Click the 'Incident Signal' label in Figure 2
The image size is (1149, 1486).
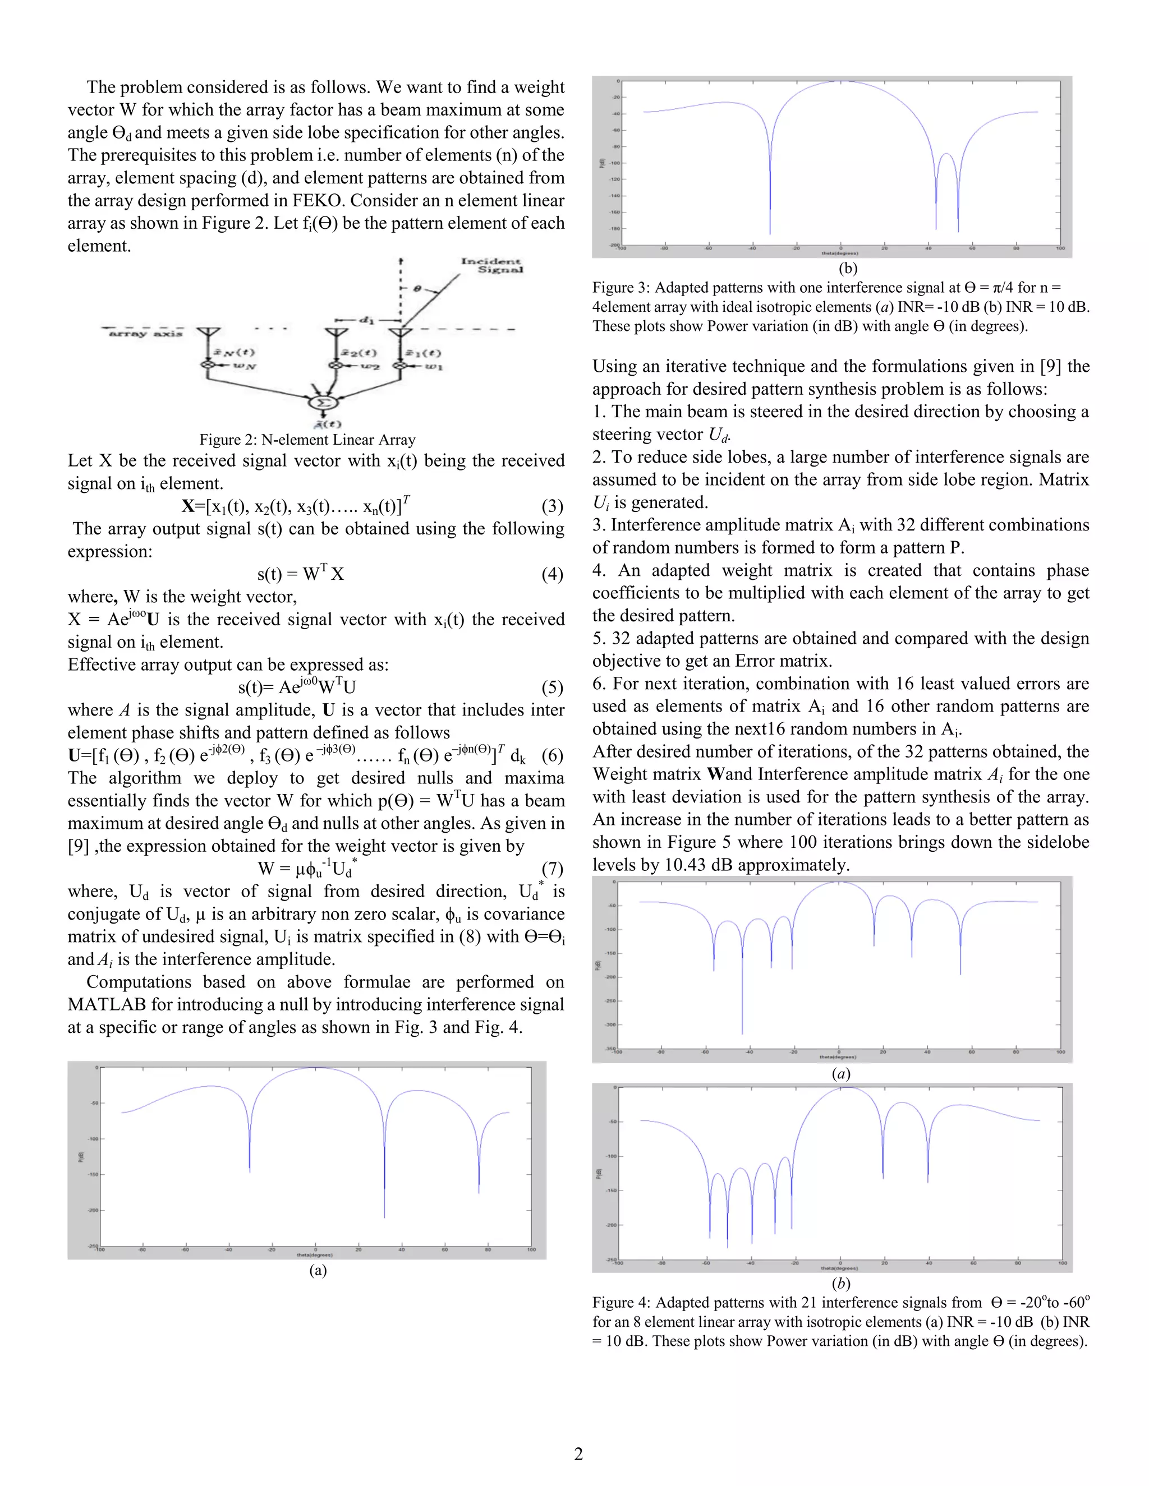[x=491, y=265]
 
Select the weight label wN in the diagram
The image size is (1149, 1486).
[x=245, y=366]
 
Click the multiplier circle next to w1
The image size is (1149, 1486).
[x=402, y=366]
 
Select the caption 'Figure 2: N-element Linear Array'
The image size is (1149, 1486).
[x=307, y=440]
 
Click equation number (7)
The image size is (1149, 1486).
[x=552, y=868]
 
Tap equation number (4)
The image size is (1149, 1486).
[x=552, y=574]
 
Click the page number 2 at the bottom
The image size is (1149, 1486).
[x=578, y=1454]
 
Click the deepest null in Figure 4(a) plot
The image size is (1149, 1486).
[x=742, y=1033]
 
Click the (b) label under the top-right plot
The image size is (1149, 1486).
[x=848, y=268]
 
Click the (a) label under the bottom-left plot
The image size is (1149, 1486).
[x=318, y=1270]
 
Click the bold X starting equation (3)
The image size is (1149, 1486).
[x=188, y=506]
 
